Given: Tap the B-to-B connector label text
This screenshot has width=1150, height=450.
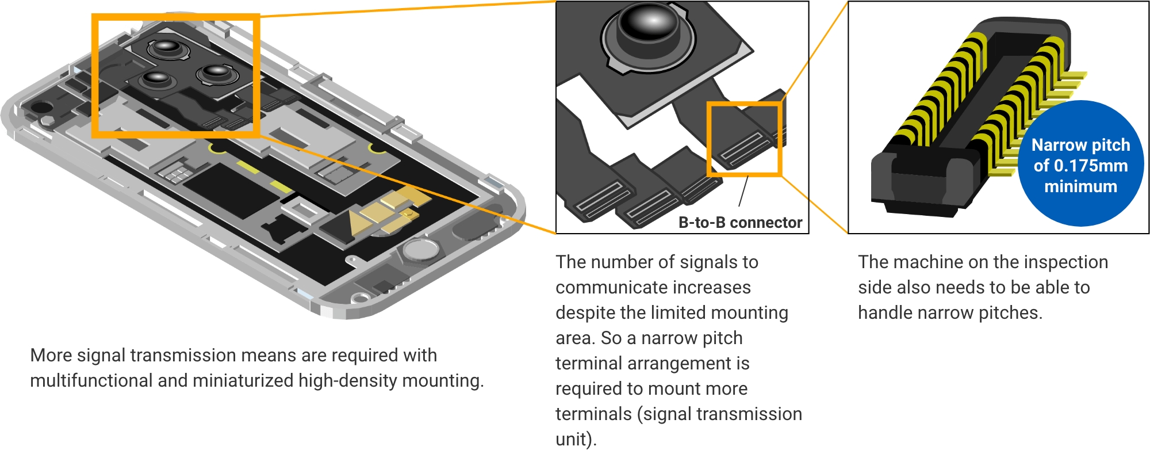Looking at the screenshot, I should pos(740,223).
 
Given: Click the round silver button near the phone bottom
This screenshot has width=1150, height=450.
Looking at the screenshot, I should pos(421,250).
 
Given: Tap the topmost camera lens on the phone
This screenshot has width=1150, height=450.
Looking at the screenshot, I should pos(167,48).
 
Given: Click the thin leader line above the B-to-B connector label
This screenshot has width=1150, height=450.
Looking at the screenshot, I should pos(743,192).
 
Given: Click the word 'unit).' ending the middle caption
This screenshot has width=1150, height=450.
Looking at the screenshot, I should pos(576,440).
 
